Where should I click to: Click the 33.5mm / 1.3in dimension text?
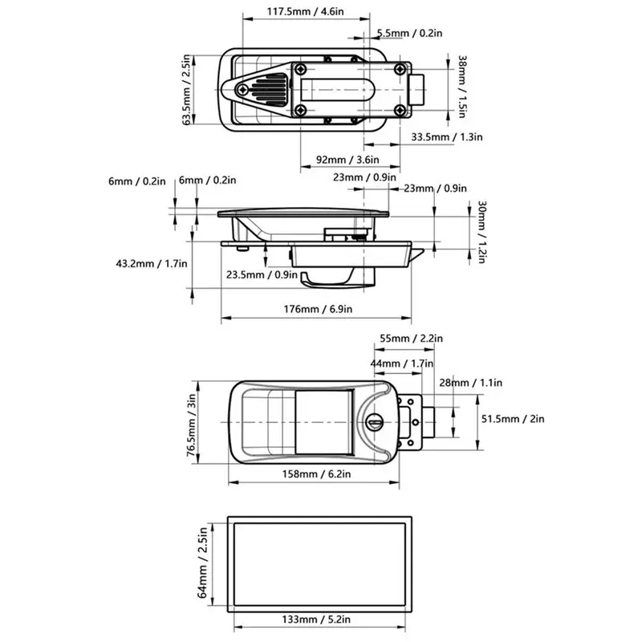(x=447, y=137)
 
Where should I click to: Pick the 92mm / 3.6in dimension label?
(x=337, y=159)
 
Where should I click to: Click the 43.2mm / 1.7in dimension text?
(x=152, y=262)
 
